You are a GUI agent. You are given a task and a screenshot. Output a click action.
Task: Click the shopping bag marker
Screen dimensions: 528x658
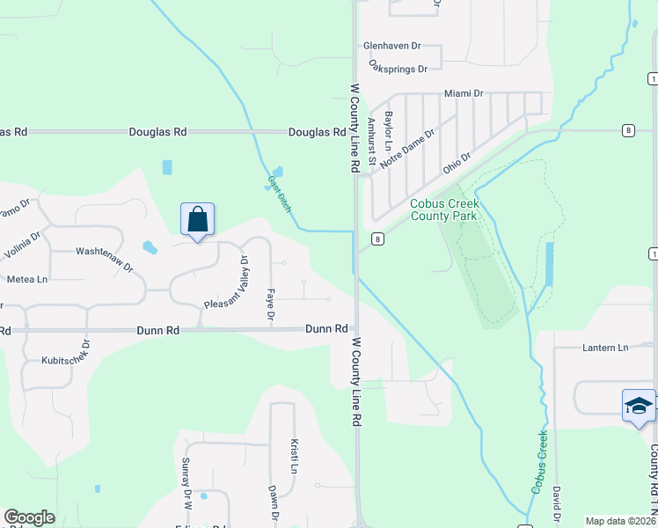point(198,219)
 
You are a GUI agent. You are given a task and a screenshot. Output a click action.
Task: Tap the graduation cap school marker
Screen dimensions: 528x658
point(639,406)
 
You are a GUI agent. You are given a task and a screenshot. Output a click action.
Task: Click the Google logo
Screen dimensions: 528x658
point(29,517)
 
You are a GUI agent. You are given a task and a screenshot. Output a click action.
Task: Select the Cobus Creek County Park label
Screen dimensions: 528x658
point(443,209)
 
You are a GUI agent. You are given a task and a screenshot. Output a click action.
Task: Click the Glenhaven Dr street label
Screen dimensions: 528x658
point(392,46)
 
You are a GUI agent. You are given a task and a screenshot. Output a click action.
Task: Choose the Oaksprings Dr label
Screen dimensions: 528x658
point(398,67)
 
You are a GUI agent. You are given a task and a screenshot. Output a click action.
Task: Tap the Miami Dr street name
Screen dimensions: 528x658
point(464,93)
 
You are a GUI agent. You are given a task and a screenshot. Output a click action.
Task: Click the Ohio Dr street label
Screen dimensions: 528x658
point(457,163)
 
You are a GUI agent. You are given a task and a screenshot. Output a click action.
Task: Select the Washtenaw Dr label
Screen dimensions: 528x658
point(104,258)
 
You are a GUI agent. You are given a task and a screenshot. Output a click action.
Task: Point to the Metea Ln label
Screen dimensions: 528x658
point(27,279)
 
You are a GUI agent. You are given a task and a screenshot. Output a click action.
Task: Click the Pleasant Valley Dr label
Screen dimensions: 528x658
point(228,281)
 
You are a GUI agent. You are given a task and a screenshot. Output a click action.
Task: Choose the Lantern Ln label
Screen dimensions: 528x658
point(605,348)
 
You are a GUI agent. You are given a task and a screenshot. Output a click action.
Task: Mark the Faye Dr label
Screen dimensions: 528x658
point(271,304)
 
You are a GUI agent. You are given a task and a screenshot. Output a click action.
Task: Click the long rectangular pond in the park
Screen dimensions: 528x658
point(550,264)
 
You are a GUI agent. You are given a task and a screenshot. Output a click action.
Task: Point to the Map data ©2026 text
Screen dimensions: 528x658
point(619,521)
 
